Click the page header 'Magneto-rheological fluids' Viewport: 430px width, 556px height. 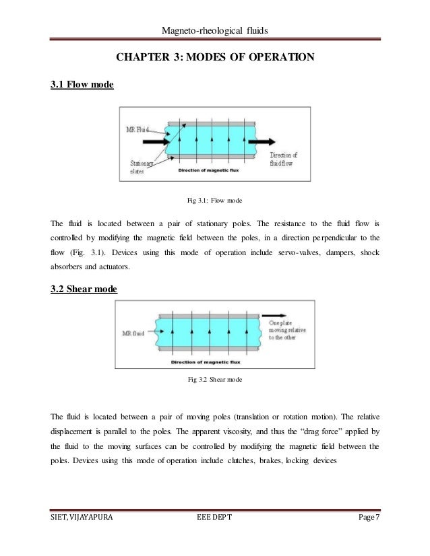(x=215, y=30)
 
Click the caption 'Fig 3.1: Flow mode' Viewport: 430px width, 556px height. (x=214, y=200)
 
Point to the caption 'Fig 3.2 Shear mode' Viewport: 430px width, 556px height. (x=214, y=380)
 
